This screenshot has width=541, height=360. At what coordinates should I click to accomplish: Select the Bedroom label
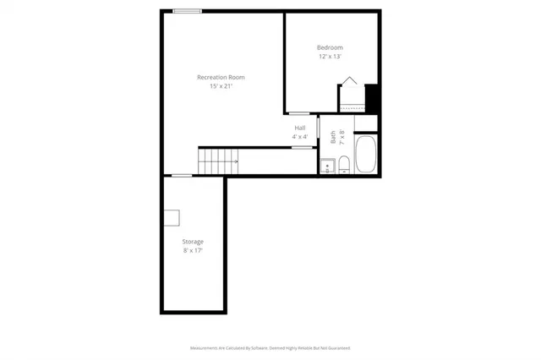[x=330, y=47]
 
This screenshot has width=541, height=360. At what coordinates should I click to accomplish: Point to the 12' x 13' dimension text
[x=330, y=56]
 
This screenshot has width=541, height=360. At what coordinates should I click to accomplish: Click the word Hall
[x=299, y=128]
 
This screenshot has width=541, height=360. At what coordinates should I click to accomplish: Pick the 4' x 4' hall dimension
[x=299, y=136]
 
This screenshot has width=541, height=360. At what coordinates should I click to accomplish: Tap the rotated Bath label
[x=333, y=135]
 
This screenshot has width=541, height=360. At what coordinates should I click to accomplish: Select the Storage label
[x=193, y=242]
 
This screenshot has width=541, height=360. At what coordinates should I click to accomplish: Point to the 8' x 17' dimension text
[x=193, y=250]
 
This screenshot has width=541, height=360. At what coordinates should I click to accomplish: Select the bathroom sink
[x=327, y=166]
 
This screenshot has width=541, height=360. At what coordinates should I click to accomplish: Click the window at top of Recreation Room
[x=187, y=11]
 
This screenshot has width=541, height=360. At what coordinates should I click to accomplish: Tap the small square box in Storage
[x=172, y=218]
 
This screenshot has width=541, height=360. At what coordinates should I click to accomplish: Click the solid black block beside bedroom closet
[x=370, y=95]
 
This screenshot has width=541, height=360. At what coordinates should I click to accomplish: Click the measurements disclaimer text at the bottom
[x=270, y=347]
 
